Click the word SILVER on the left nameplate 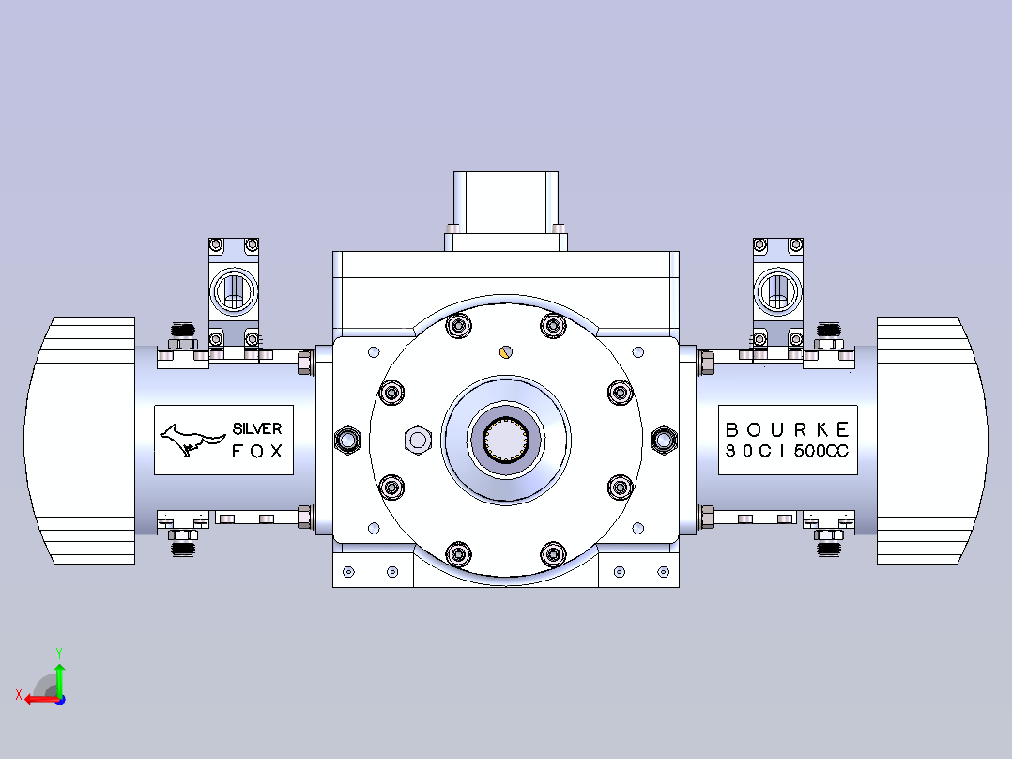coord(257,429)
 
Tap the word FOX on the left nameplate coord(257,451)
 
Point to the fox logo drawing coord(192,440)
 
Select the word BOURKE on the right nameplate coord(788,430)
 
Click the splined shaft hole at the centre coord(506,440)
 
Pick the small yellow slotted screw coord(506,352)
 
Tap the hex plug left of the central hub coord(418,440)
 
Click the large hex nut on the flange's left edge coord(348,440)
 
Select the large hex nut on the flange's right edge coord(664,440)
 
